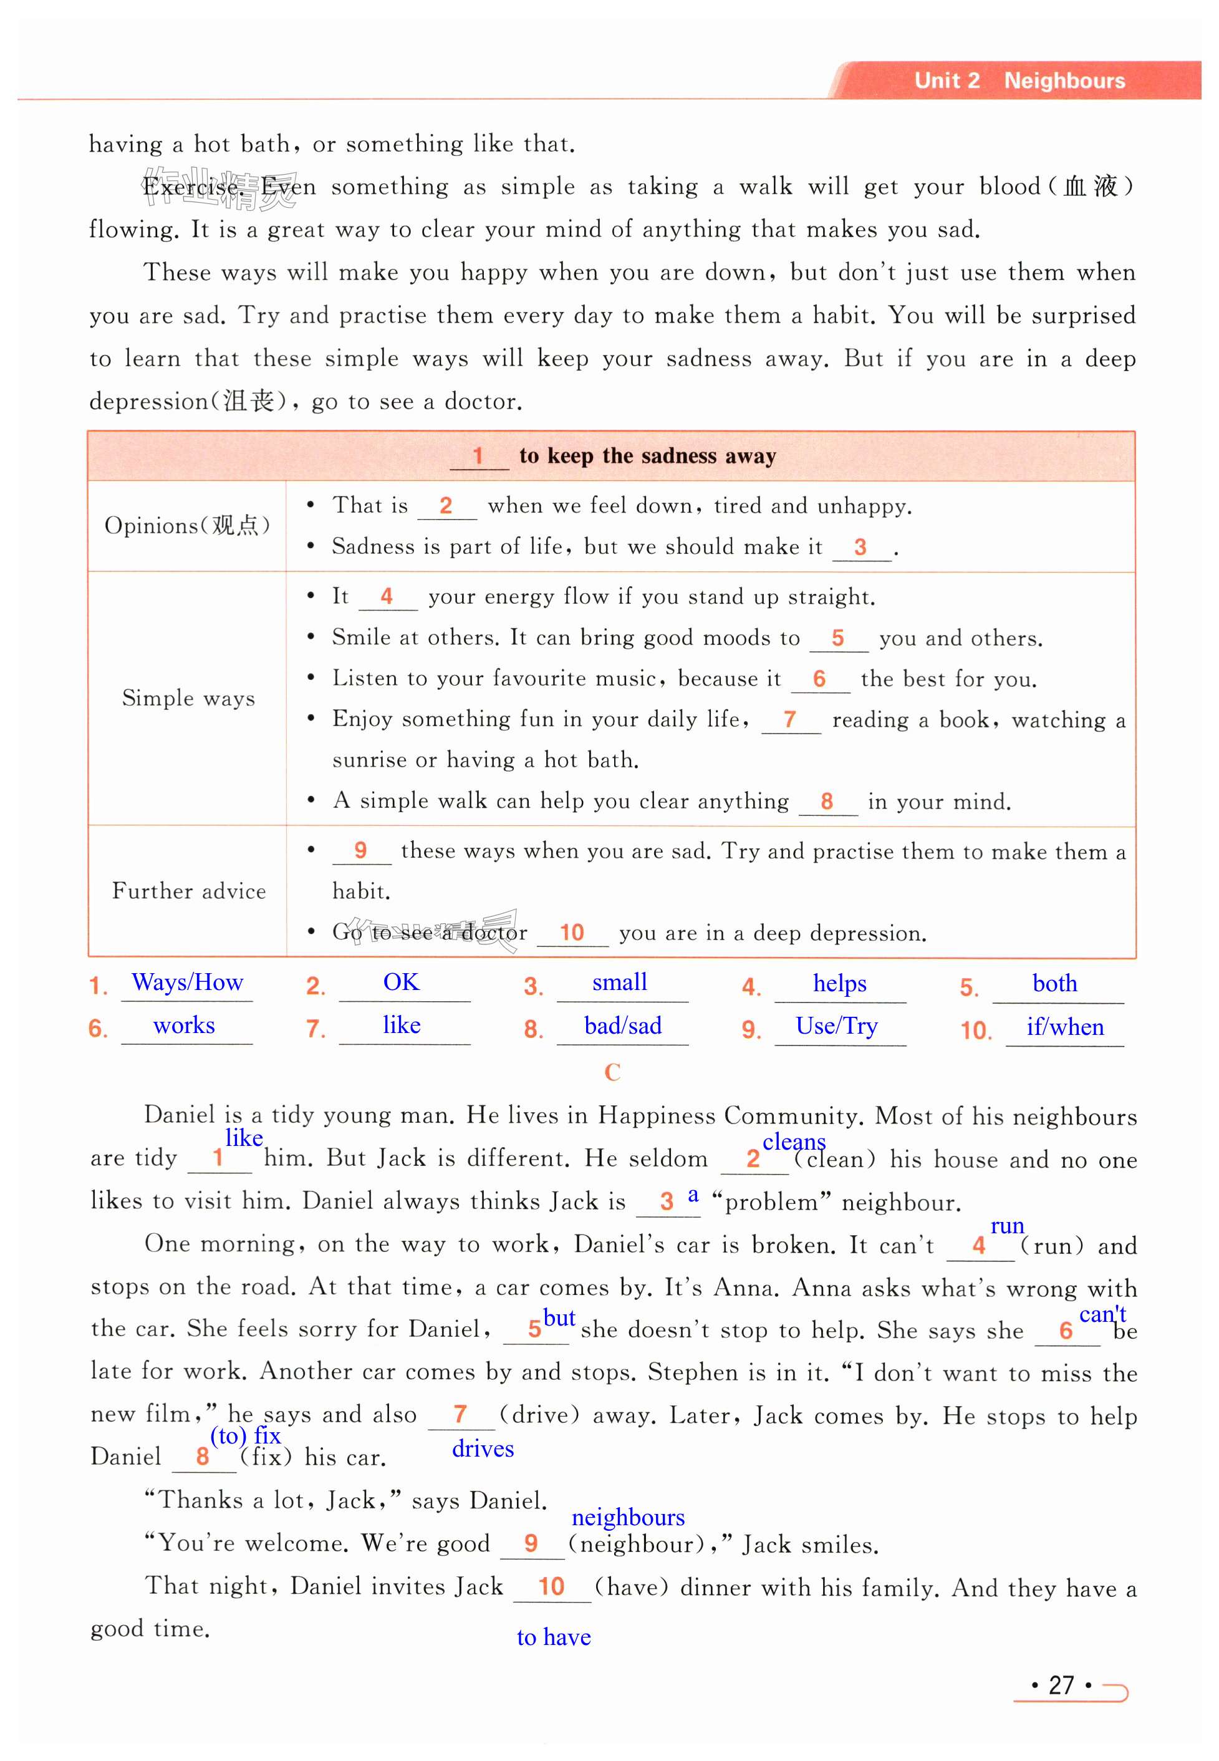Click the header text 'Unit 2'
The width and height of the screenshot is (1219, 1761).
947,80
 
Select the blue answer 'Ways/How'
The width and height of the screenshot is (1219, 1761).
187,982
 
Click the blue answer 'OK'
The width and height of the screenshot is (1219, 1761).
401,982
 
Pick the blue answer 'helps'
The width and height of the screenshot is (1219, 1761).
839,984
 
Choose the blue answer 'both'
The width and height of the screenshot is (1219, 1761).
1055,984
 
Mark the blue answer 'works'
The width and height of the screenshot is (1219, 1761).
184,1026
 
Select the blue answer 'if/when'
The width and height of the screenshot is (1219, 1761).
1065,1027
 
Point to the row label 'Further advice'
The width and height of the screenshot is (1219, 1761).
189,891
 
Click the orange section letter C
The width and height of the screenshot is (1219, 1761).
612,1073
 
